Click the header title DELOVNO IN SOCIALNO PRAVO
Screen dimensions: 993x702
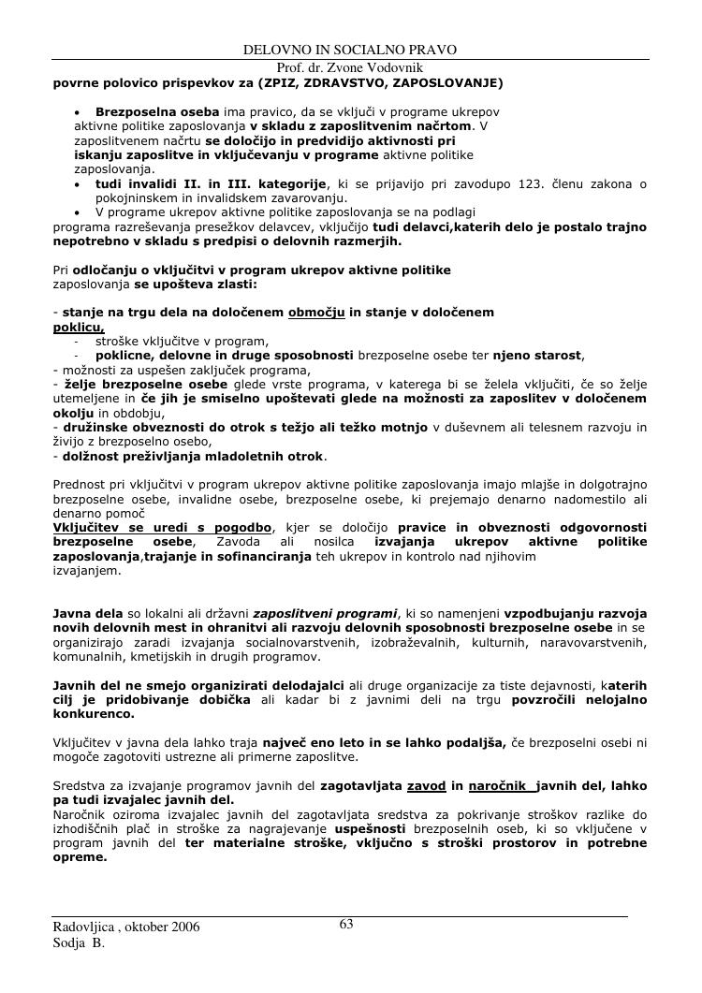coord(350,49)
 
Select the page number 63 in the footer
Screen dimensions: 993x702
coord(345,925)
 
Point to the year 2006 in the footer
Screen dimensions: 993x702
coord(183,927)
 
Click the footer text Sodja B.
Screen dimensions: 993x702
coord(79,943)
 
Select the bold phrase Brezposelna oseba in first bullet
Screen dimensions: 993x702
coord(157,111)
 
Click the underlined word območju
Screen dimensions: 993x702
coord(317,312)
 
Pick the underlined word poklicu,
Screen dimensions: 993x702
coord(79,328)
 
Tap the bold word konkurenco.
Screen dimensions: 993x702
coord(93,713)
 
